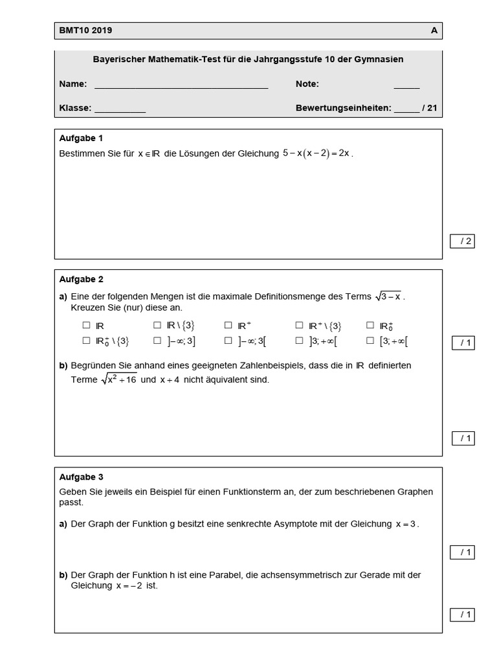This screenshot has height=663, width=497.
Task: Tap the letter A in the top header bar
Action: pos(434,30)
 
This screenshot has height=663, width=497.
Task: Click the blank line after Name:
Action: pos(181,85)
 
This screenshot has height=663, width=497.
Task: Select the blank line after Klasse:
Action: pos(120,109)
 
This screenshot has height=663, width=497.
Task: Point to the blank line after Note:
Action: pos(406,85)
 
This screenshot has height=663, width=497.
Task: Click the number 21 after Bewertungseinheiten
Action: pos(432,108)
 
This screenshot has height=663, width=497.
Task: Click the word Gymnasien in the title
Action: pos(382,60)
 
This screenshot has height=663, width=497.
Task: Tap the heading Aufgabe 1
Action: pos(81,138)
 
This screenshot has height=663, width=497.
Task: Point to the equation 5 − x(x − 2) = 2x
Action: pos(316,153)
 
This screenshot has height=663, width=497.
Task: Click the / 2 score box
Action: pos(462,242)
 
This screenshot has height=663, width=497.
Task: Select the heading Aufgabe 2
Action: pos(81,280)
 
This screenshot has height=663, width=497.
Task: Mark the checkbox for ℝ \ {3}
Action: pos(157,326)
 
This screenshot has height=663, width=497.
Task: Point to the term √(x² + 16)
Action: pos(118,379)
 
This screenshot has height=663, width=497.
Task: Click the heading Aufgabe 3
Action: pos(81,477)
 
